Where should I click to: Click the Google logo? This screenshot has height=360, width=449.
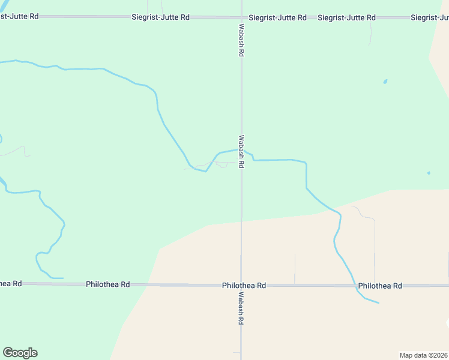point(20,353)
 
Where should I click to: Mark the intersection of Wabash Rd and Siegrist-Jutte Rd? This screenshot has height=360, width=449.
point(241,17)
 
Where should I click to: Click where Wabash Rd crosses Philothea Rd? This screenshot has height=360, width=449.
point(241,286)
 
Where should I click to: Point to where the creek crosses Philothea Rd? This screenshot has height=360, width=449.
point(355,286)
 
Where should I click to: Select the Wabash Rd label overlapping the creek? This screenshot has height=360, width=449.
point(241,151)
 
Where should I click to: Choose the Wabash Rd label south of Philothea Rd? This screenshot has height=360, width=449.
point(241,309)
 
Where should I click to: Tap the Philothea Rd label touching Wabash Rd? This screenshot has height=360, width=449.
point(244,286)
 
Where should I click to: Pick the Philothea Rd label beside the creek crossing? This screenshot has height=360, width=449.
point(380,286)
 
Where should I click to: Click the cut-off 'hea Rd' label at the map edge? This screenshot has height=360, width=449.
point(11,283)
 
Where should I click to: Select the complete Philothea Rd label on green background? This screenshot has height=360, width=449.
point(108,284)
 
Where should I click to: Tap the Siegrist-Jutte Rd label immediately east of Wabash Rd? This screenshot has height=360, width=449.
point(277,17)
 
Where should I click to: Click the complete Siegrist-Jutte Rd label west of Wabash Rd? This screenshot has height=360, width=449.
point(160,17)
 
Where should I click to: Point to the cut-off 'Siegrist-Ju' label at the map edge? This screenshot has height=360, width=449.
point(430,17)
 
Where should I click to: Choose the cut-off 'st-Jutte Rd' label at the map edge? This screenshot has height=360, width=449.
point(19,16)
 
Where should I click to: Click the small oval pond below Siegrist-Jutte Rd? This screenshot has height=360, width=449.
point(385,82)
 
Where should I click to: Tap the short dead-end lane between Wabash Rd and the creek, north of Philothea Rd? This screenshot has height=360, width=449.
point(295,268)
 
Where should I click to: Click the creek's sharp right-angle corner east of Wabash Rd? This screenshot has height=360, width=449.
point(306,163)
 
